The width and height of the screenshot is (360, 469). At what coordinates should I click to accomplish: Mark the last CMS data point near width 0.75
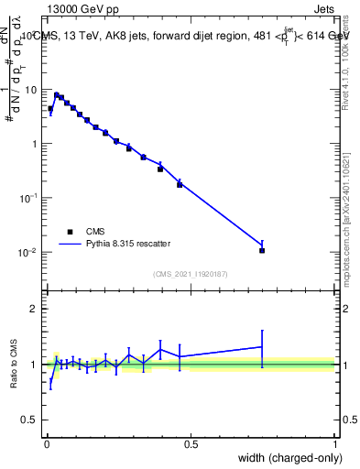262,250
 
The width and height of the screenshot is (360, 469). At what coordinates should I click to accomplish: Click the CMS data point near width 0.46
180,184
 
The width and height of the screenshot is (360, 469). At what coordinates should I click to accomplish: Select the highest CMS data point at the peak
56,94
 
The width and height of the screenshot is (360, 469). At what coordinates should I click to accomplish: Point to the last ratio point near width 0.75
262,347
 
